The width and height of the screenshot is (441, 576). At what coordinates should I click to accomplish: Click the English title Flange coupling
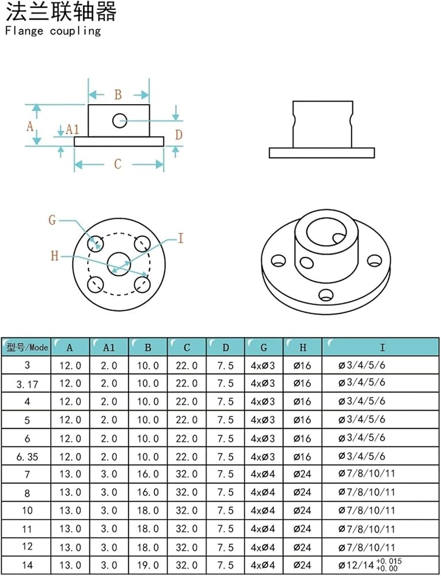tap(53, 31)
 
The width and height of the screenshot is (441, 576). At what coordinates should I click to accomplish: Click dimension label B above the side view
tap(118, 95)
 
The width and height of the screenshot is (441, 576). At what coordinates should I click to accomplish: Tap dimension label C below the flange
tap(117, 164)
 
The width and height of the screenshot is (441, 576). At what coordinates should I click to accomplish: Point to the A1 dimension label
tap(73, 129)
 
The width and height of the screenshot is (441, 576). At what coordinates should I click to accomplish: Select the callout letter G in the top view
tap(52, 220)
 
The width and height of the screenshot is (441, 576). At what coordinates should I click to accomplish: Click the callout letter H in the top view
tap(54, 256)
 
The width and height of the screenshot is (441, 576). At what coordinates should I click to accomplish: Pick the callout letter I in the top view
tap(180, 239)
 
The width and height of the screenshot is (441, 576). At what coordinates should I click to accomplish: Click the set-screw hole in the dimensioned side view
tap(120, 120)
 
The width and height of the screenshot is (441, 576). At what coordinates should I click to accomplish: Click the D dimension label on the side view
tap(179, 135)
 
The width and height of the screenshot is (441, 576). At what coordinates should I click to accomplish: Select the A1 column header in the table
tap(109, 347)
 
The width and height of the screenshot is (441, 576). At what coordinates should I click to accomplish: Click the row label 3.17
tap(27, 384)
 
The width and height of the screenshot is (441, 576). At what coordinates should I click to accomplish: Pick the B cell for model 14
tap(148, 565)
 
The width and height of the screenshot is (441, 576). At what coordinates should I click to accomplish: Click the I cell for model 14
tap(370, 564)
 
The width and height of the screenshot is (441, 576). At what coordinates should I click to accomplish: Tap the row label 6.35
tap(27, 457)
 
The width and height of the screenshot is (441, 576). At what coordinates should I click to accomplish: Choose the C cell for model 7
tap(187, 474)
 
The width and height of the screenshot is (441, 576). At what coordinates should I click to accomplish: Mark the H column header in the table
tap(303, 347)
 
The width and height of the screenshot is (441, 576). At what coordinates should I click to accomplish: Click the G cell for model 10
tap(263, 510)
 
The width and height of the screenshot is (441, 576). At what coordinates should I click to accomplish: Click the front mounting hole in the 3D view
tap(326, 294)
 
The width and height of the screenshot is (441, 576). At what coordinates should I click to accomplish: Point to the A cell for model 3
tap(70, 366)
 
